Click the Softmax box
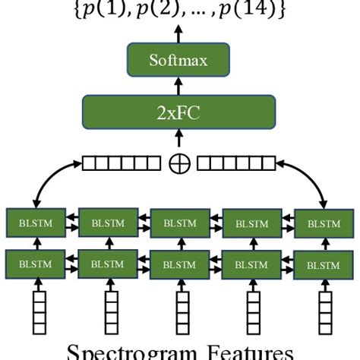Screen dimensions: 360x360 tap(180, 59)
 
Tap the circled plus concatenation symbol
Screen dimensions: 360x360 tap(180, 162)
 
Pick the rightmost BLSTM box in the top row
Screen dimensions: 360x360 tap(322, 224)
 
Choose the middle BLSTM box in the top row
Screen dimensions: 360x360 tap(178, 224)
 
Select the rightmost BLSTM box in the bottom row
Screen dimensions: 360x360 tap(322, 266)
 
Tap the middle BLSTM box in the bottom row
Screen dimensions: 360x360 tap(178, 266)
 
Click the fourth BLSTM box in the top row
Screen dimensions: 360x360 tap(250, 224)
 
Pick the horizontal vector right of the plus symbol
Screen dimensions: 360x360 tap(238, 162)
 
